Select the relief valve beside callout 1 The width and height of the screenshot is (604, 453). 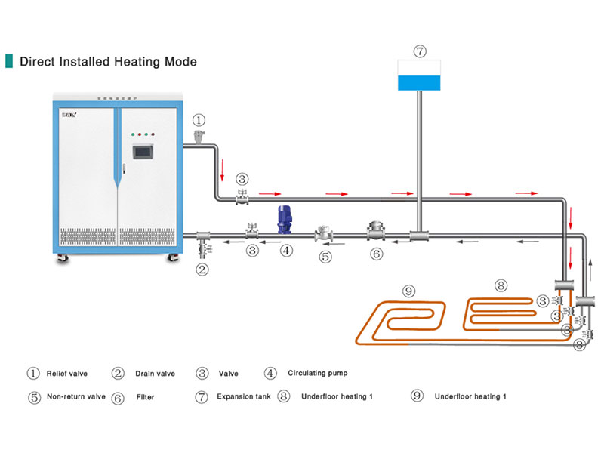tap(199, 137)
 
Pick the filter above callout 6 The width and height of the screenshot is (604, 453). tap(376, 230)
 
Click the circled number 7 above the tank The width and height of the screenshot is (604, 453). tap(420, 51)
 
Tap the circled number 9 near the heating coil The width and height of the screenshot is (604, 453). tap(408, 291)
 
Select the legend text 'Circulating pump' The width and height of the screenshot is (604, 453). tap(318, 373)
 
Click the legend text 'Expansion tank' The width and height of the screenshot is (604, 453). tap(242, 396)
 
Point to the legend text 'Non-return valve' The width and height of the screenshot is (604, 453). tap(76, 396)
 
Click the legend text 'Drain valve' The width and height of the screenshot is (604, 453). tap(155, 373)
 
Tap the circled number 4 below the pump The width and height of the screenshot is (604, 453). tap(286, 250)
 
